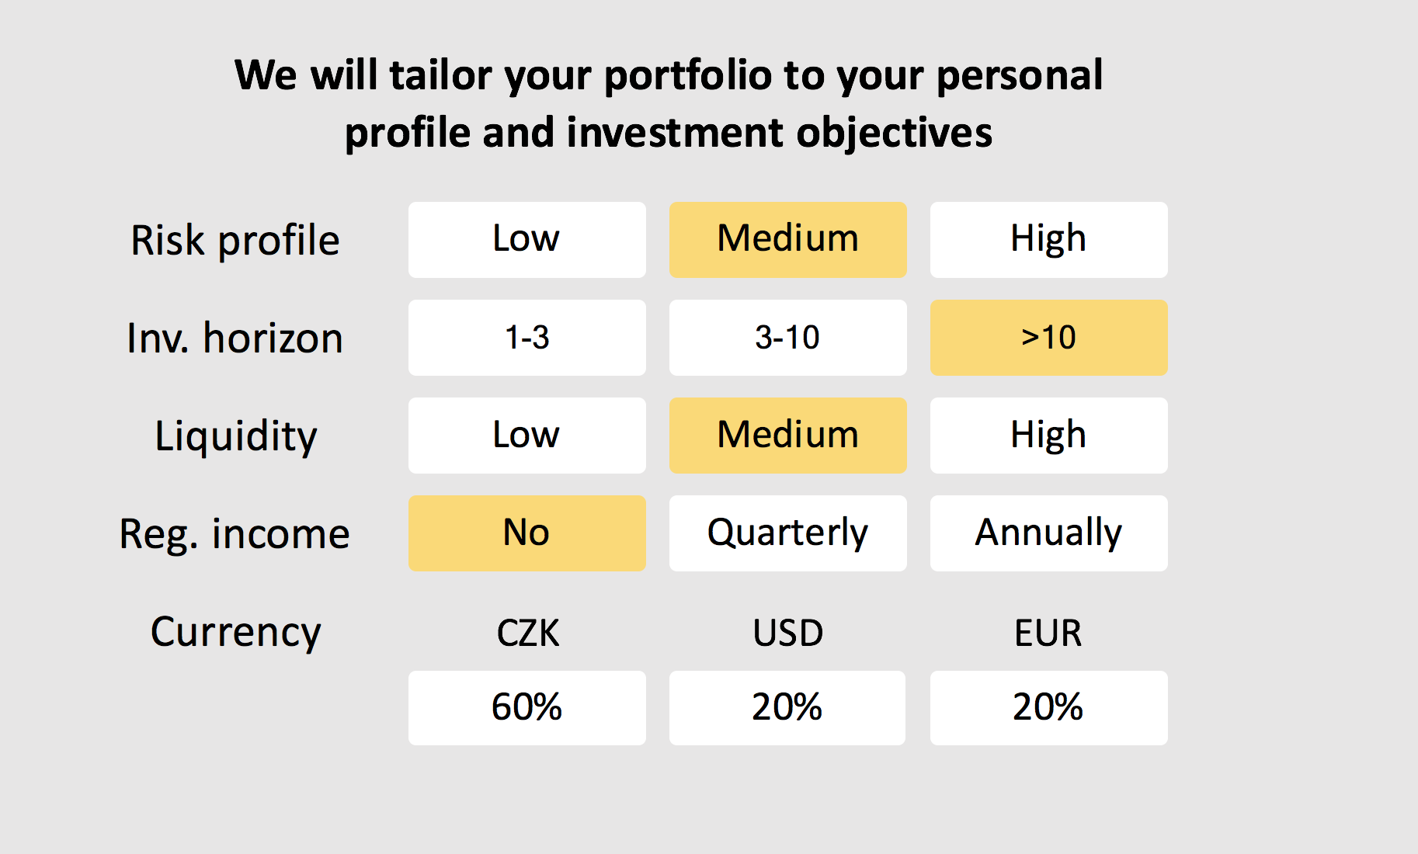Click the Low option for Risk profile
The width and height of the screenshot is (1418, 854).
(x=527, y=240)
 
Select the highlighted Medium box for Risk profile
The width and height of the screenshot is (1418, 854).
(x=788, y=240)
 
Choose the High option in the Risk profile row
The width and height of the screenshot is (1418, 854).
(x=1049, y=240)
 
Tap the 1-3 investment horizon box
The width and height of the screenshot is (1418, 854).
(x=527, y=338)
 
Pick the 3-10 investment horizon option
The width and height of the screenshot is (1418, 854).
(x=788, y=338)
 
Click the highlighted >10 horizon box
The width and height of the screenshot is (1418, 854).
(x=1049, y=338)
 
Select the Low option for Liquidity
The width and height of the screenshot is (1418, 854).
(x=527, y=436)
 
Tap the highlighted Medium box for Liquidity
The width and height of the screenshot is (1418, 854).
(x=788, y=436)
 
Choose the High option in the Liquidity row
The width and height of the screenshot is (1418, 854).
(x=1049, y=436)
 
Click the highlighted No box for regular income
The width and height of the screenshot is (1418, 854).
(x=527, y=533)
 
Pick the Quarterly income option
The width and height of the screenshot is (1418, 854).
(x=788, y=533)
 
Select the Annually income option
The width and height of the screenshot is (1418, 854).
(x=1049, y=533)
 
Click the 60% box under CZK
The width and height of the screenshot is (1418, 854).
(x=527, y=708)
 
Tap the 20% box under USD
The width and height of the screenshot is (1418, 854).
(x=787, y=708)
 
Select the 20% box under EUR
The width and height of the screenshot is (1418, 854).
(x=1049, y=708)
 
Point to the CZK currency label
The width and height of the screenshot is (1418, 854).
(x=528, y=634)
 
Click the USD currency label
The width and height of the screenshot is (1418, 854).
(x=788, y=634)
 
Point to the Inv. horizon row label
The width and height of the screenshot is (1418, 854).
(x=235, y=338)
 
